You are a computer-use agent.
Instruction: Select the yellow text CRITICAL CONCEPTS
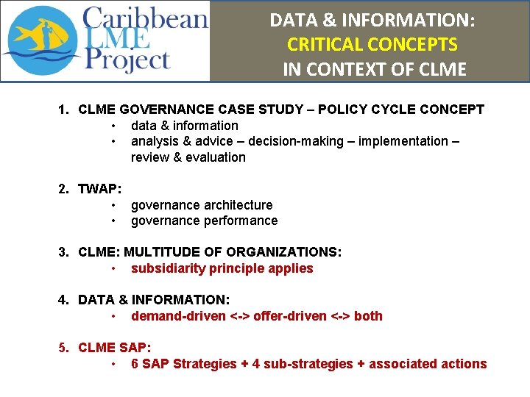pyautogui.click(x=372, y=44)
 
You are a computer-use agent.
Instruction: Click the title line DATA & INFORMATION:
pyautogui.click(x=372, y=20)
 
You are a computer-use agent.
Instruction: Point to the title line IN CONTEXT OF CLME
pyautogui.click(x=374, y=69)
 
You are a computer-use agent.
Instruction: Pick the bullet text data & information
pyautogui.click(x=184, y=125)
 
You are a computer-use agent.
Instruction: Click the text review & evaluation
pyautogui.click(x=188, y=157)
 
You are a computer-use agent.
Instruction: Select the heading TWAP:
pyautogui.click(x=100, y=189)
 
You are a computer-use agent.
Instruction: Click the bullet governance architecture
pyautogui.click(x=201, y=205)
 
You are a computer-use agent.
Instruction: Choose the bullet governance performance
pyautogui.click(x=204, y=221)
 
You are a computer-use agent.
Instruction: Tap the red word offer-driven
pyautogui.click(x=290, y=316)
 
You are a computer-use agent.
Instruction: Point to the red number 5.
pyautogui.click(x=63, y=348)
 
